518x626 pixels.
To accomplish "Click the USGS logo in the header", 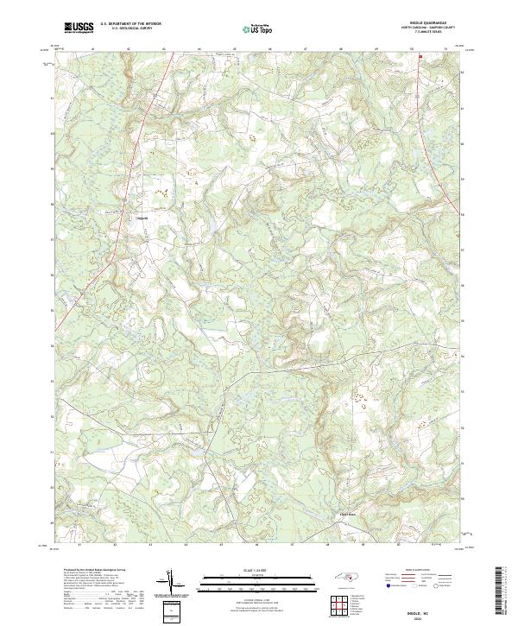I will point(79,28).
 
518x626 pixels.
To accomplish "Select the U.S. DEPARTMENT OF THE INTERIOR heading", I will point(130,23).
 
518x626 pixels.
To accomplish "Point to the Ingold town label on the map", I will point(143,218).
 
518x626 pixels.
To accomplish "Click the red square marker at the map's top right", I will point(420,57).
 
